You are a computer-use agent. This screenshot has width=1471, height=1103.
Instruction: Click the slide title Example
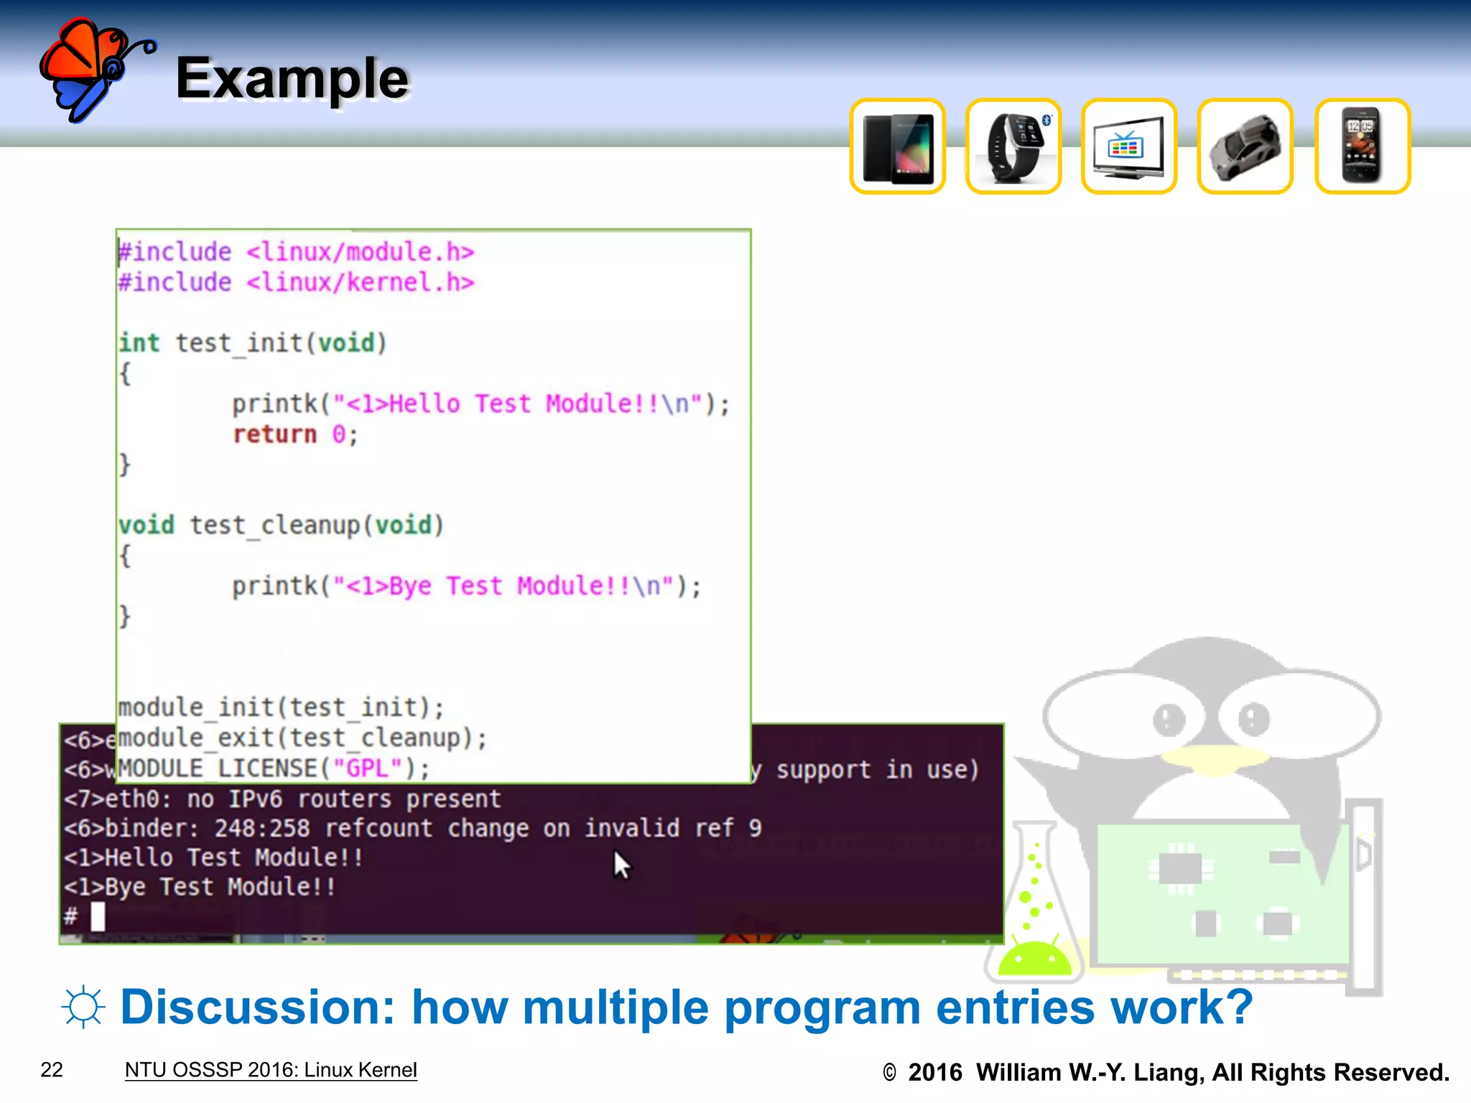(292, 79)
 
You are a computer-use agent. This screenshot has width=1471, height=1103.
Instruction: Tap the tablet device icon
(897, 147)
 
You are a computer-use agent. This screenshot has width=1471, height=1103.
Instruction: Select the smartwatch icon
(1013, 147)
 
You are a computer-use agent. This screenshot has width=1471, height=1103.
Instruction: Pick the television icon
(1128, 147)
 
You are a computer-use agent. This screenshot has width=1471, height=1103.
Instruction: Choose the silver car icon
(1245, 147)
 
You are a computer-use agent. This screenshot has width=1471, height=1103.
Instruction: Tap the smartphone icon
(1362, 147)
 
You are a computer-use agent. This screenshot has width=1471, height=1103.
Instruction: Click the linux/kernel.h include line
(296, 283)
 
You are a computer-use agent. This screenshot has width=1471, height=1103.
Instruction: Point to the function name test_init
(239, 343)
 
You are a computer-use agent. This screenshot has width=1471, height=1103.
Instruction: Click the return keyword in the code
(274, 434)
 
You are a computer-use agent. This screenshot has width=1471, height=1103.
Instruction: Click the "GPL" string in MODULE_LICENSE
(368, 768)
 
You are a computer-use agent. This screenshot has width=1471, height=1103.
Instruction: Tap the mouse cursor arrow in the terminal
(621, 865)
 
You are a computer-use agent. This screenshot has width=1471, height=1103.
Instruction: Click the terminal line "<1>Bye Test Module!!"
(199, 888)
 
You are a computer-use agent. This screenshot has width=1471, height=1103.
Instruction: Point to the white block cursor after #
(98, 917)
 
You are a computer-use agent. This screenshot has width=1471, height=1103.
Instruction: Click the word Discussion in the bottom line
(257, 1007)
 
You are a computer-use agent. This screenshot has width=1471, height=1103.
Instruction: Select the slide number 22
(52, 1070)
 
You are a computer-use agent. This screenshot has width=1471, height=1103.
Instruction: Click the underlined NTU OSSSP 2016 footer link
(271, 1070)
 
